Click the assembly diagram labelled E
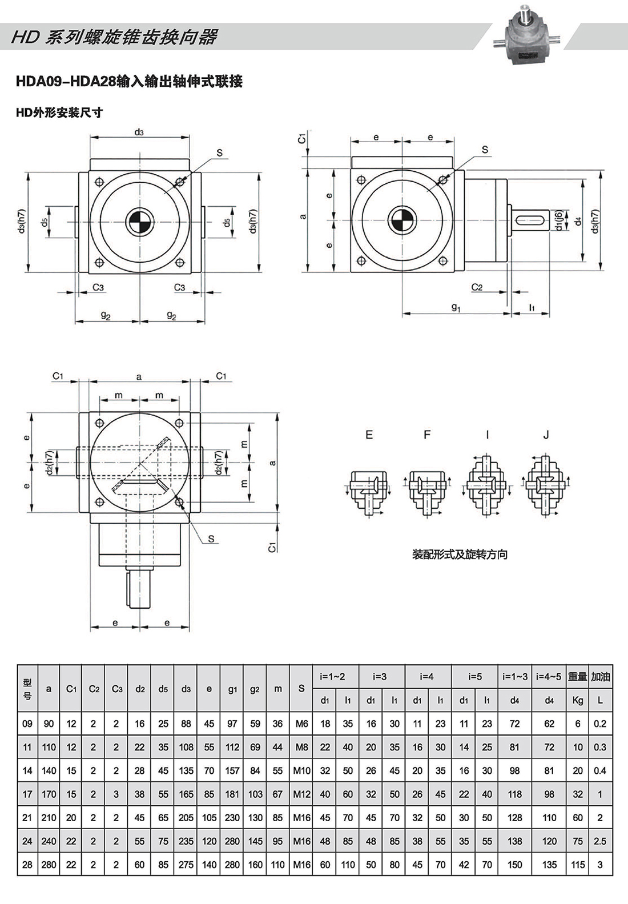click(x=368, y=491)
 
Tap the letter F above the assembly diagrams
click(x=427, y=435)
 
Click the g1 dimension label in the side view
click(x=456, y=307)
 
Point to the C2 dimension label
click(x=477, y=287)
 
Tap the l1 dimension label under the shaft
click(x=531, y=307)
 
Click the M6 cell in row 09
click(x=301, y=724)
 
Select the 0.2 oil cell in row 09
click(x=600, y=724)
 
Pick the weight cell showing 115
click(x=578, y=865)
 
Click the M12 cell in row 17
click(x=301, y=794)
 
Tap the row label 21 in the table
click(x=27, y=817)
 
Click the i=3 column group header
click(x=380, y=677)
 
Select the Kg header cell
click(x=578, y=700)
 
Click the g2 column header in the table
click(x=255, y=689)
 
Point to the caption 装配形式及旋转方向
click(x=460, y=555)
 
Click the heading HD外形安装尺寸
click(x=59, y=113)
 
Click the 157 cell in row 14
click(x=232, y=770)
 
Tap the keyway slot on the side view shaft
click(x=533, y=220)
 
